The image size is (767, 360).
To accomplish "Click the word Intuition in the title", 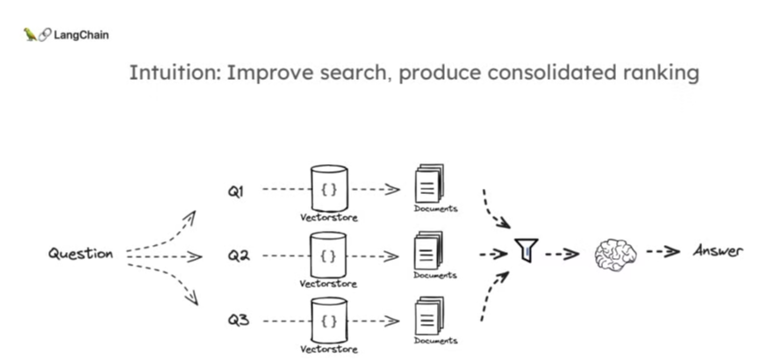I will coord(172,72).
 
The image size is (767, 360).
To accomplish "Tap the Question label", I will coord(81,254).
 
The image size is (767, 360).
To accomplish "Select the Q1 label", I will coord(236,191).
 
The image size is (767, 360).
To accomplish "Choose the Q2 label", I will coord(239,256).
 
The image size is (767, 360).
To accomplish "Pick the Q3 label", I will coord(239,320).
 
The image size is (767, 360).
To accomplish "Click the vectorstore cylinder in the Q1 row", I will coord(329,188).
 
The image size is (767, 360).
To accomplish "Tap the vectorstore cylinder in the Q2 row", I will coord(329,254).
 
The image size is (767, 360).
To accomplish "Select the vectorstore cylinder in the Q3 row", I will coord(329,320).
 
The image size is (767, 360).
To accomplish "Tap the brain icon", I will coord(613,254).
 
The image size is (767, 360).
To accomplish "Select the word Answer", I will coord(718,250).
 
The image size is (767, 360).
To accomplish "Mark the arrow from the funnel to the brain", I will coord(562,254).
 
